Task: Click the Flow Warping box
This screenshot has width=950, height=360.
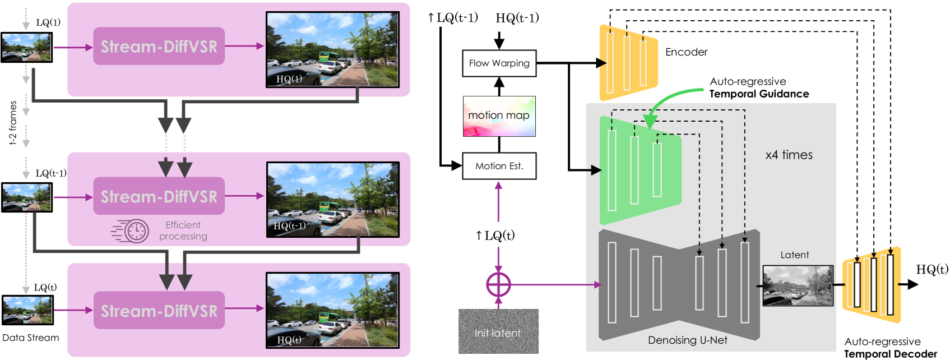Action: coord(499,63)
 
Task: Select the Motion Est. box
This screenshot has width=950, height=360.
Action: coord(499,166)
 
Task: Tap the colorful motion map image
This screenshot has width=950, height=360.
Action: coord(499,116)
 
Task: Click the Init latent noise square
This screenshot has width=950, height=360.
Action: coord(498,331)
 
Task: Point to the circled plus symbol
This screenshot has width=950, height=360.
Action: coord(498,285)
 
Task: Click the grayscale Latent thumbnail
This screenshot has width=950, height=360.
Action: coord(798,285)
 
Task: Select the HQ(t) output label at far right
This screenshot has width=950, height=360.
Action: coord(932,270)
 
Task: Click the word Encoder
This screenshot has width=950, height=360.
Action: coord(686,52)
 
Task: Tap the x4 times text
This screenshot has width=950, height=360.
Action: coord(789,155)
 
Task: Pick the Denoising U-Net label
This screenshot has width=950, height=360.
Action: coord(687,340)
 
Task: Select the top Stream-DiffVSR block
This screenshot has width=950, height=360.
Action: coord(159,47)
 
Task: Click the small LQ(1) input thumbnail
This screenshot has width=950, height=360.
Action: coord(26,47)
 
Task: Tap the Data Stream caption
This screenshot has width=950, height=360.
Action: coord(30,338)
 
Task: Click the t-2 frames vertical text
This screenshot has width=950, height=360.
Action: coord(13,123)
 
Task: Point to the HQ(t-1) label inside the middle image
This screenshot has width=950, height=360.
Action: coord(289,226)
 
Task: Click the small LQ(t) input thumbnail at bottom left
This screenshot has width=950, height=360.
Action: coord(27,310)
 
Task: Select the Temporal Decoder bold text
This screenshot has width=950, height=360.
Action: coord(890,354)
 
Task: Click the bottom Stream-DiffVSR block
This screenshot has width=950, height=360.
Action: coord(159,311)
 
